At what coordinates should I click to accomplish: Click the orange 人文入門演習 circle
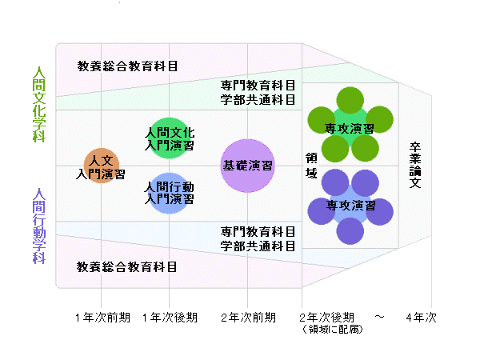(101, 166)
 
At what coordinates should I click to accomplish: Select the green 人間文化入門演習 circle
(169, 138)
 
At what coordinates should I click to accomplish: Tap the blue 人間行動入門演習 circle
(169, 193)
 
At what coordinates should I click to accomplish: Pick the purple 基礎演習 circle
(247, 166)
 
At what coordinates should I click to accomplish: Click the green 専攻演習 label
(350, 128)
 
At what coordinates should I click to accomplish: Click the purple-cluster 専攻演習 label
(350, 205)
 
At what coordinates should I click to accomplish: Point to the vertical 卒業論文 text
(415, 166)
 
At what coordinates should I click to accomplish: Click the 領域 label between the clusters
(310, 166)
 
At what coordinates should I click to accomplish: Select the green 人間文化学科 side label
(38, 104)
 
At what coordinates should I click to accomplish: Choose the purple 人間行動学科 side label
(38, 226)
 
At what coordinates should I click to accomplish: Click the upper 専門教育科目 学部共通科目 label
(258, 93)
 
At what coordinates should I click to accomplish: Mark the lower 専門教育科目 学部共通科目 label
(258, 238)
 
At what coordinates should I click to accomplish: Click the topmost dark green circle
(350, 100)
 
